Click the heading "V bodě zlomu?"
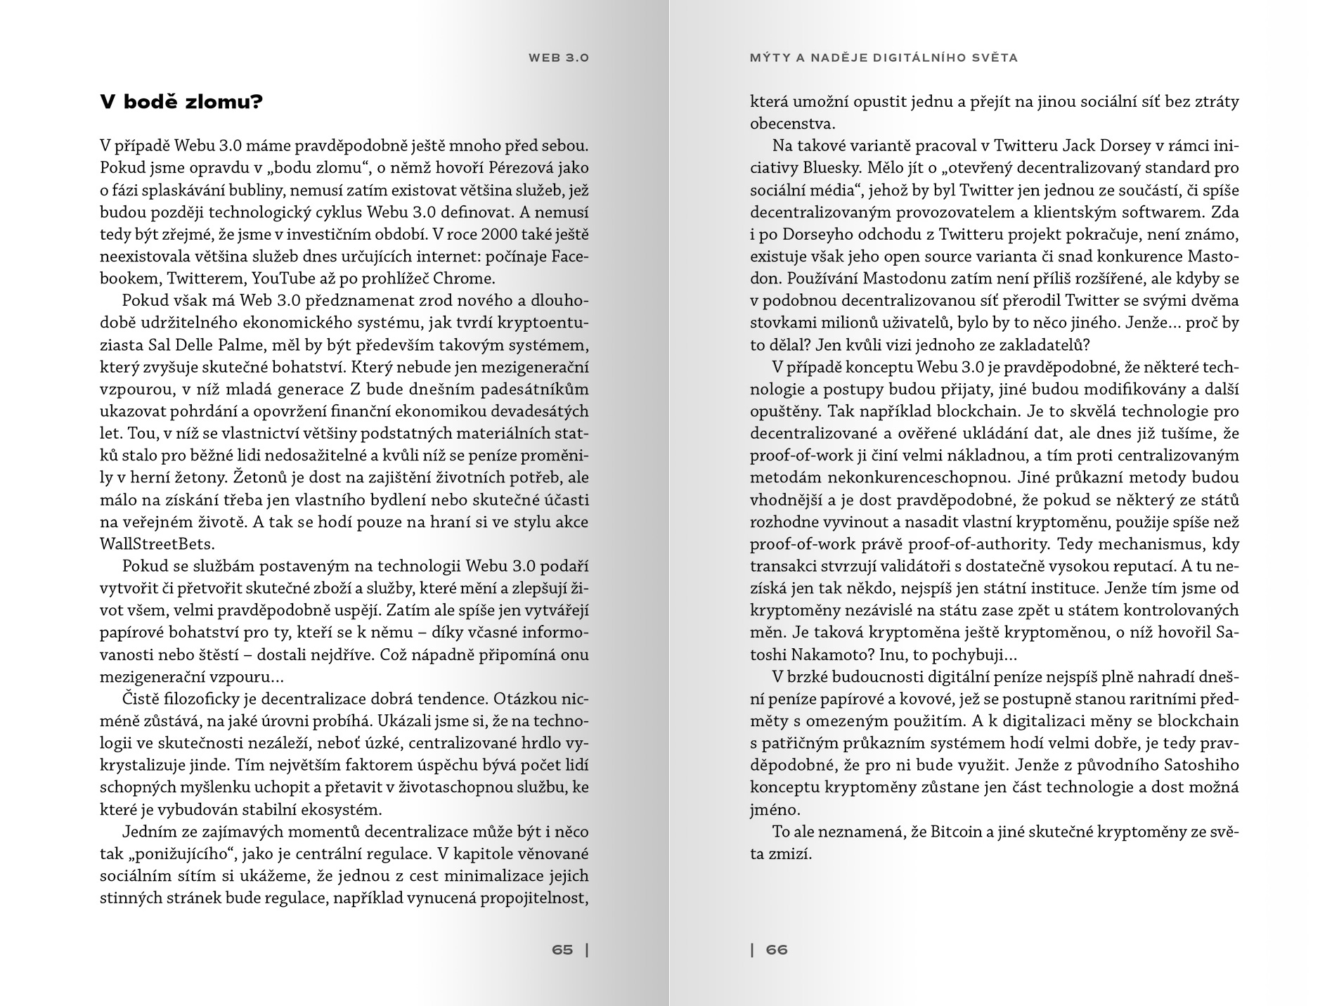181,103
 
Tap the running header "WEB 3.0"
559,58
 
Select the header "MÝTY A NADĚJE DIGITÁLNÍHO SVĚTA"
884,58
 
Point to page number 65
562,950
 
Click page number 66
777,950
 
